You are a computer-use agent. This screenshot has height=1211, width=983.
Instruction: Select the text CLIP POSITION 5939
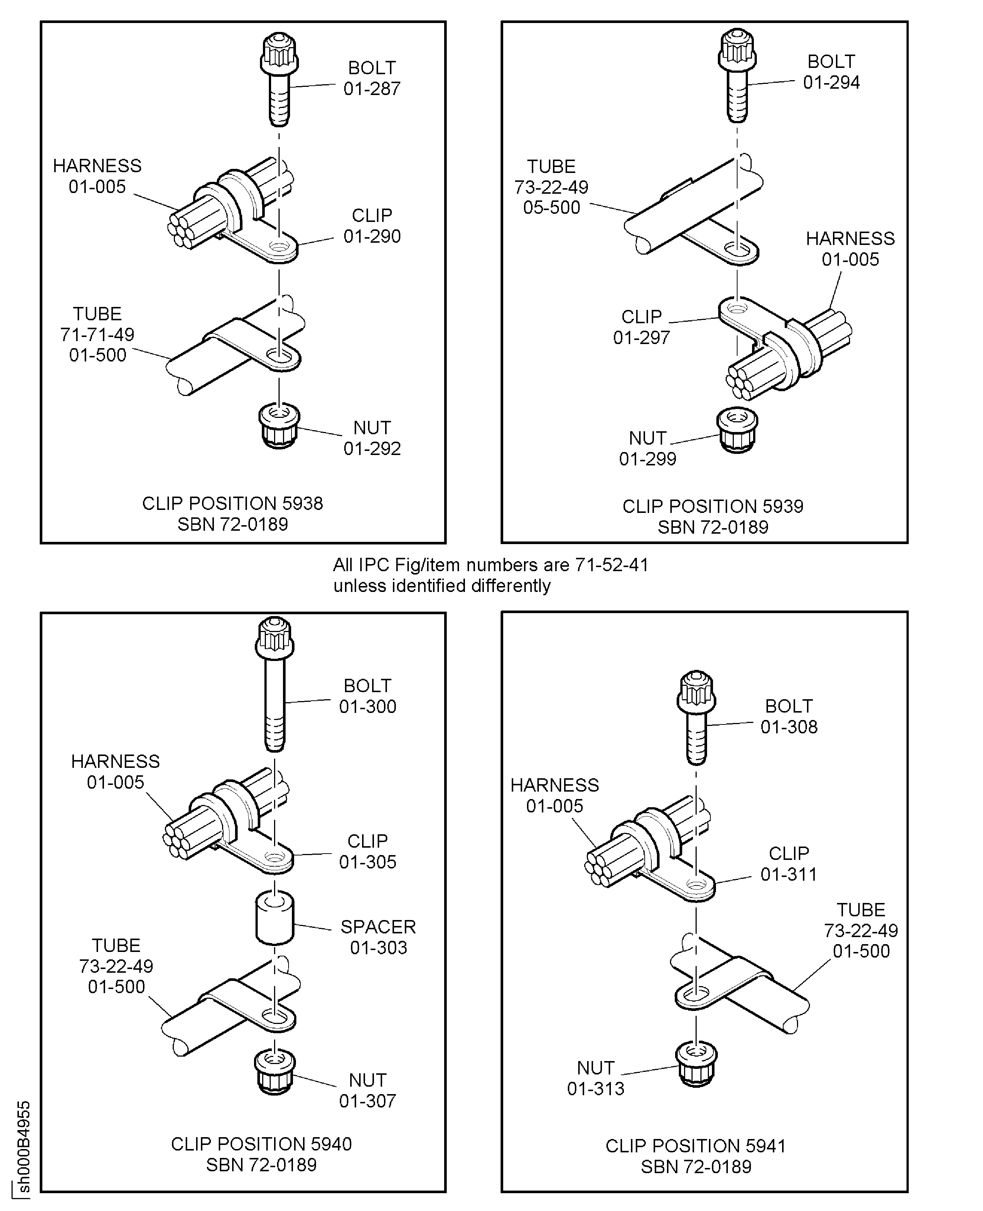[712, 506]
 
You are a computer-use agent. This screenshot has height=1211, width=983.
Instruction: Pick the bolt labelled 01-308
[696, 717]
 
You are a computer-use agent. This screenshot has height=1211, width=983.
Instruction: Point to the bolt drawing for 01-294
[737, 76]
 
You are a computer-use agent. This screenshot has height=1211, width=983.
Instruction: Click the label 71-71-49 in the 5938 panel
[97, 334]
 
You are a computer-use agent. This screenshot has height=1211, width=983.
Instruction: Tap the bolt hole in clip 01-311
[696, 884]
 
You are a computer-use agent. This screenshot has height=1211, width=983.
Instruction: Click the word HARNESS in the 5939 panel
[850, 239]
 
